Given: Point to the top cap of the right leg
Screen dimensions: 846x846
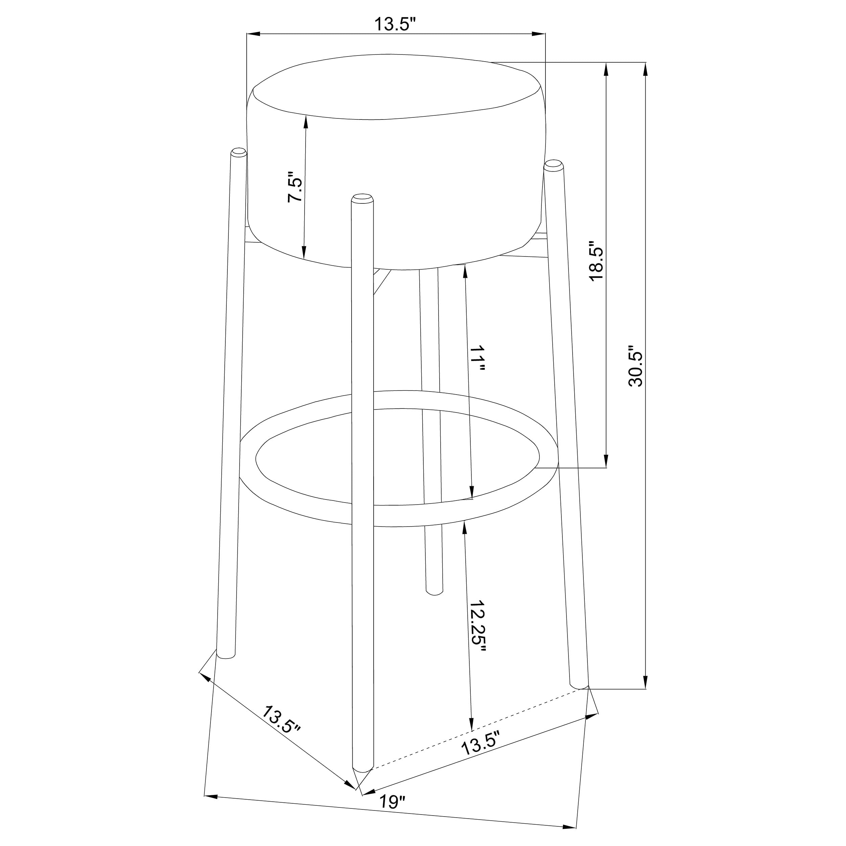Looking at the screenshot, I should (554, 165).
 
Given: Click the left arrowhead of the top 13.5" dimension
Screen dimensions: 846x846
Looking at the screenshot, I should (253, 34).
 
